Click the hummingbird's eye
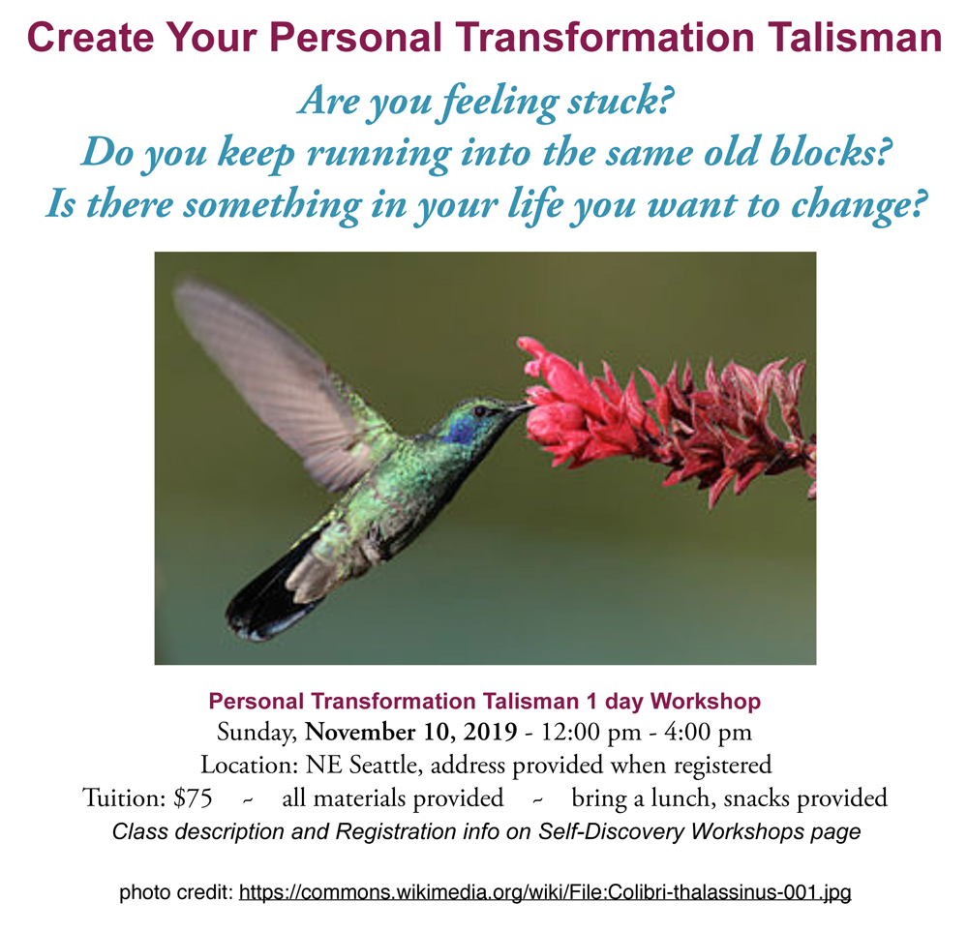(x=480, y=411)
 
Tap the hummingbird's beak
(x=517, y=408)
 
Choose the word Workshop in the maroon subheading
(x=706, y=702)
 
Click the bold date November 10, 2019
(x=411, y=732)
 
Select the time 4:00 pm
(x=709, y=733)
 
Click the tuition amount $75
(x=193, y=798)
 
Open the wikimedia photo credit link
(x=545, y=892)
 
